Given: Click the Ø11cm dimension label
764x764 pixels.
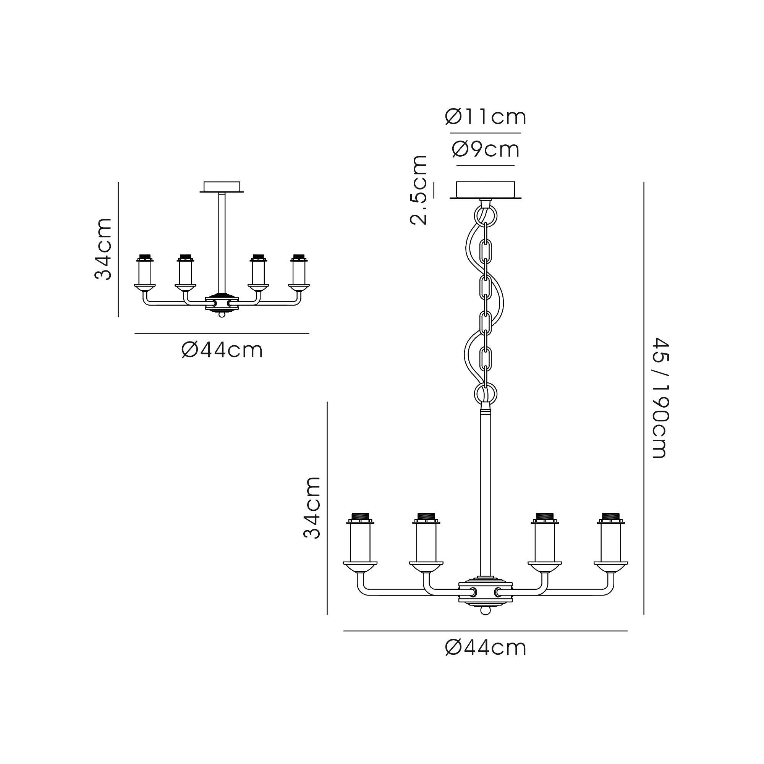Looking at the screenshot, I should point(485,117).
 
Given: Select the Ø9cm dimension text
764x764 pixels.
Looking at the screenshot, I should point(485,149).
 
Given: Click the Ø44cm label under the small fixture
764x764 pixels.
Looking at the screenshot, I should point(222,350).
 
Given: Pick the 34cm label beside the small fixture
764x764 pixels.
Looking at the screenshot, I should point(103,249).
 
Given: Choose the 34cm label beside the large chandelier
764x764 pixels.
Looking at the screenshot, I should point(312,507).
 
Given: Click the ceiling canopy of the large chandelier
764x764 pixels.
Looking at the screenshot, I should point(486,190).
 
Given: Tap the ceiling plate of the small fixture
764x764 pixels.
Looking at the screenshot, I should point(222,187).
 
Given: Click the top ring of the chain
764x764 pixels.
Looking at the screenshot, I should point(486,216).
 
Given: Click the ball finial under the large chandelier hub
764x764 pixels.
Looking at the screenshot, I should point(485,610).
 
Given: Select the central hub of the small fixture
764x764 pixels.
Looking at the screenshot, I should point(222,303).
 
